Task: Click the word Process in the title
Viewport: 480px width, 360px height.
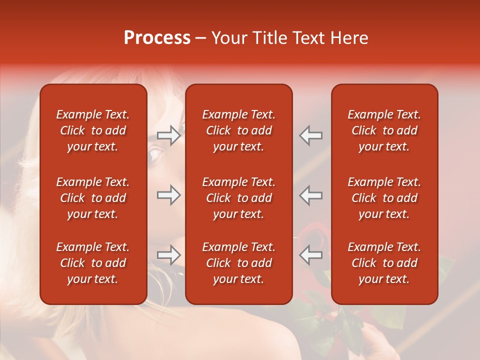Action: tap(157, 38)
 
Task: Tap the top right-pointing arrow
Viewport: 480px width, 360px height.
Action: tap(168, 135)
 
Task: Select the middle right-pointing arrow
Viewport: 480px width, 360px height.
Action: tap(168, 195)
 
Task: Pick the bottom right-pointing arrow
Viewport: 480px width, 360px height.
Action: tap(168, 255)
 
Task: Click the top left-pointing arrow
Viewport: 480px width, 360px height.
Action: tap(310, 135)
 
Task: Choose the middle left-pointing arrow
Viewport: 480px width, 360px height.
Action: tap(310, 195)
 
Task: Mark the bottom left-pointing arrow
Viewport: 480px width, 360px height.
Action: tap(310, 255)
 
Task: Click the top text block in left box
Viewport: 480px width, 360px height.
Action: tap(93, 130)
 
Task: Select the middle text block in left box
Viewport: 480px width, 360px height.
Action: tap(93, 198)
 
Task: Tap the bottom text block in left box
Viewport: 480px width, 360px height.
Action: tap(93, 263)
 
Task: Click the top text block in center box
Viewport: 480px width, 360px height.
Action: tap(238, 130)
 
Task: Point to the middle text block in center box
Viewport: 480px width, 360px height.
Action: tap(238, 198)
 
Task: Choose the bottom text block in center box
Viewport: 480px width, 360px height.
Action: tap(238, 263)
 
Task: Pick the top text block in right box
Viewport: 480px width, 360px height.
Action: tap(384, 130)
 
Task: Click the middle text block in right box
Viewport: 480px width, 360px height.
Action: tap(384, 198)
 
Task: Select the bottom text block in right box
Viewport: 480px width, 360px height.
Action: tap(384, 263)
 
